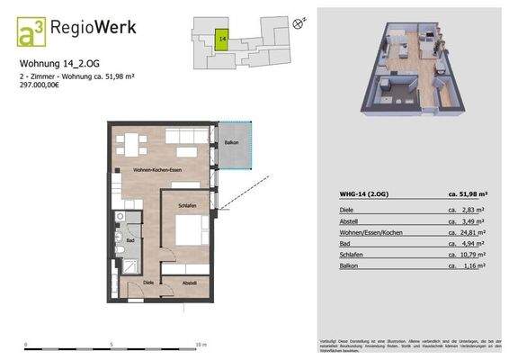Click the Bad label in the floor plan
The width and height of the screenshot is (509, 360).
(130, 240)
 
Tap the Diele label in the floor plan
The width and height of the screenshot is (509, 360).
(149, 282)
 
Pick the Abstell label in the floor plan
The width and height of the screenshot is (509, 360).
(190, 282)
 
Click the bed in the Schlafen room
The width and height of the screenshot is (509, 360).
(187, 232)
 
